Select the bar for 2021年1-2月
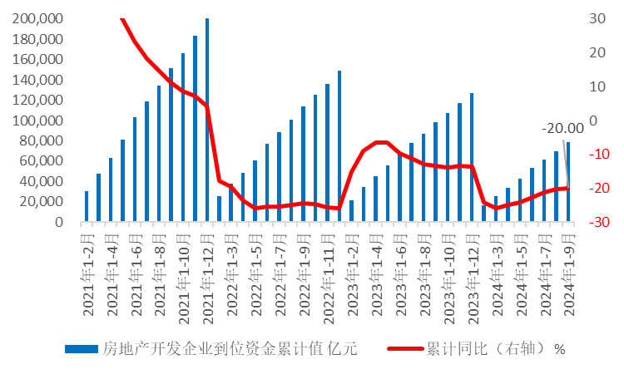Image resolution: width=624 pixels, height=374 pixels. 87,207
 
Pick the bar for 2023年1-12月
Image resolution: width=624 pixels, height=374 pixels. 472,157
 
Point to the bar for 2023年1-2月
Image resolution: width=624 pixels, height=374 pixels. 351,211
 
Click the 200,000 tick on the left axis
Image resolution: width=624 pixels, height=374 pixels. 37,18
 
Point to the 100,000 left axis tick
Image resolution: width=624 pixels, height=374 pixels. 37,121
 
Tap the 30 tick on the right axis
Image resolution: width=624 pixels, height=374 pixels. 596,18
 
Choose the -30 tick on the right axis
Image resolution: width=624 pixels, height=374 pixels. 596,222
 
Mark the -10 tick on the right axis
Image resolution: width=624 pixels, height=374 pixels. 596,154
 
